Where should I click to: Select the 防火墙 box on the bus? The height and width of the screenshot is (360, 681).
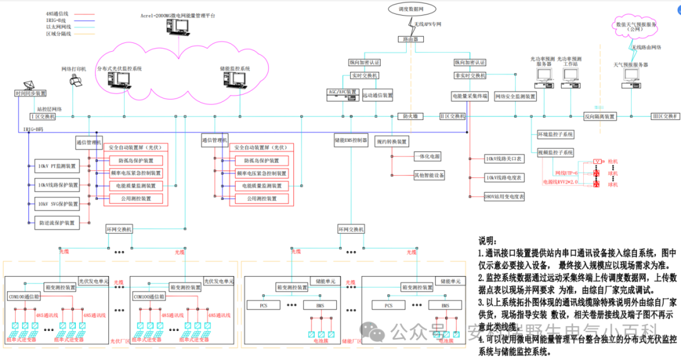411,116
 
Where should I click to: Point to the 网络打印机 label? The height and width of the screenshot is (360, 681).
73,68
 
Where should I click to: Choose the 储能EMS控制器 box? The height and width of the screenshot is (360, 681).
351,140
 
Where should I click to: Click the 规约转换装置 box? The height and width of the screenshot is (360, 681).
391,141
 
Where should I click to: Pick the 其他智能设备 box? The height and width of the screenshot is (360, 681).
429,175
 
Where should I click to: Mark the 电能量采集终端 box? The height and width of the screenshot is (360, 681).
470,96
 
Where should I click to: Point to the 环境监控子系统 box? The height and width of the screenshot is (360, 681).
555,134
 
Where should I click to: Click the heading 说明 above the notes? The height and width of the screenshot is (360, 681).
487,240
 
